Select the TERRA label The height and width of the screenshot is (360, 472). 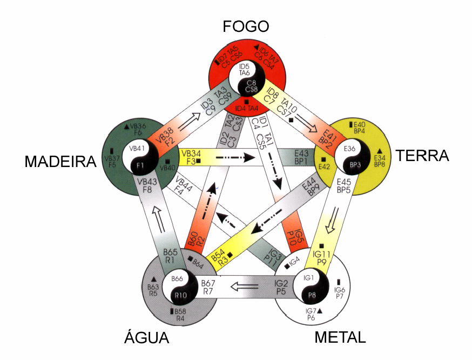pyautogui.click(x=422, y=156)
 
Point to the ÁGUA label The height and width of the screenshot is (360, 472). pyautogui.click(x=147, y=338)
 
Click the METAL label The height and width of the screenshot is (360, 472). pyautogui.click(x=340, y=338)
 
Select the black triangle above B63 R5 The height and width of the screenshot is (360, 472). pyautogui.click(x=153, y=279)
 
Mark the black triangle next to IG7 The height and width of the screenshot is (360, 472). pyautogui.click(x=320, y=310)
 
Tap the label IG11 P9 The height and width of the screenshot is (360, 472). pyautogui.click(x=322, y=257)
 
